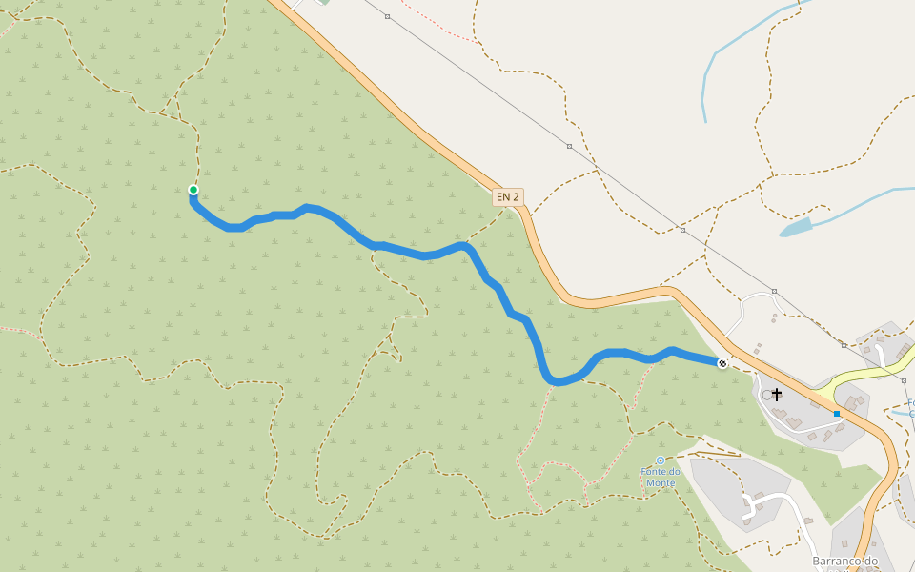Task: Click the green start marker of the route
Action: (x=193, y=190)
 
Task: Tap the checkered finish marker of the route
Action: (x=722, y=363)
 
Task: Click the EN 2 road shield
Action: (x=508, y=197)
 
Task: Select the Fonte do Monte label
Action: (x=660, y=477)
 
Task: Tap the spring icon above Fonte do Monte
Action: (x=660, y=460)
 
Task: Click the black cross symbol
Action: (x=777, y=394)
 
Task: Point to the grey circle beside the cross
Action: (x=767, y=394)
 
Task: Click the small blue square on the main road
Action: (x=837, y=414)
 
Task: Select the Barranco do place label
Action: (x=844, y=562)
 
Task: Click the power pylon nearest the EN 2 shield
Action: (x=569, y=146)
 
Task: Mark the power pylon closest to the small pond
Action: (x=682, y=230)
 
